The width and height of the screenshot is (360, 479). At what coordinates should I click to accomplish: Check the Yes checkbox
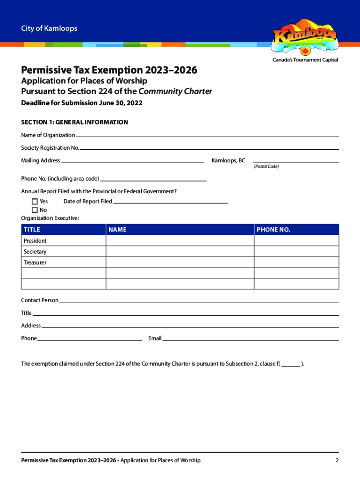[35, 202]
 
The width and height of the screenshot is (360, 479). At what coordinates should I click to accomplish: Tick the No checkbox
[35, 210]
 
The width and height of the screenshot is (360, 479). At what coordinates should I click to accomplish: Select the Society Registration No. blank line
[209, 148]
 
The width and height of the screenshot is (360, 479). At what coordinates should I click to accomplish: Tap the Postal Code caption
[266, 167]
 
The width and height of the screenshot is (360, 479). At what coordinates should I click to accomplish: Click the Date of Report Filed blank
[170, 202]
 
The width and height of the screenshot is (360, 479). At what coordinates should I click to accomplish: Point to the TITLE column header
[32, 230]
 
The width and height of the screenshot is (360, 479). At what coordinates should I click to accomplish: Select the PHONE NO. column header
[274, 230]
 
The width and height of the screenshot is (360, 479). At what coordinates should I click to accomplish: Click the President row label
[35, 241]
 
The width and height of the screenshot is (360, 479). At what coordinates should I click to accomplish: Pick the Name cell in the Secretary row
[180, 252]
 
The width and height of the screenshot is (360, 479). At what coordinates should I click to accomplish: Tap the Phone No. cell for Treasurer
[296, 262]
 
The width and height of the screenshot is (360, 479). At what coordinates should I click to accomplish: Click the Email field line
[250, 339]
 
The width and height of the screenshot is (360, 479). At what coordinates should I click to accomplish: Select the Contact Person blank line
[199, 302]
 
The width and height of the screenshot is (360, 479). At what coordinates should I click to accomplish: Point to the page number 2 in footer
[337, 460]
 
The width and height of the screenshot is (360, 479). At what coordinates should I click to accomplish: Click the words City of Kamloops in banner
[49, 29]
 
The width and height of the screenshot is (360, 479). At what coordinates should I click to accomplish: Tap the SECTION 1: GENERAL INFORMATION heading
[74, 122]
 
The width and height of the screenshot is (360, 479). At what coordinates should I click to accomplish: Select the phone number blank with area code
[153, 180]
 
